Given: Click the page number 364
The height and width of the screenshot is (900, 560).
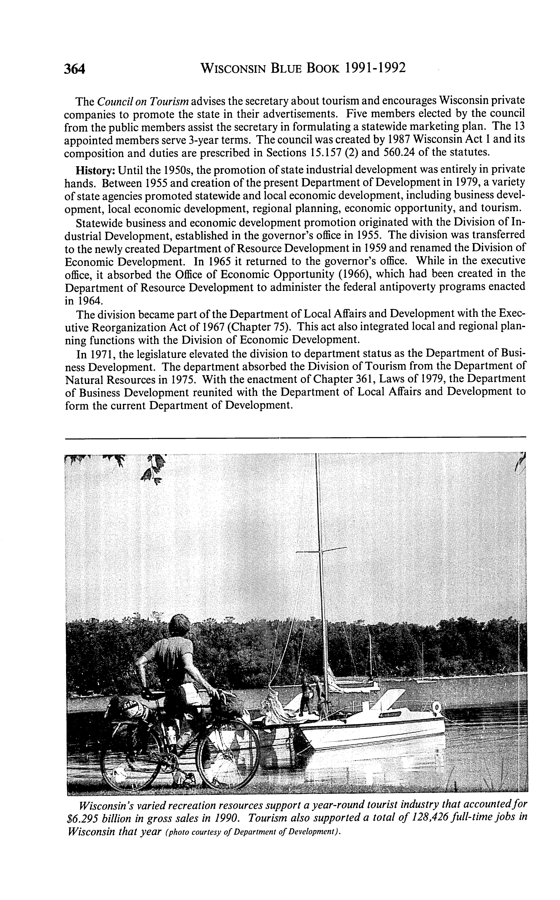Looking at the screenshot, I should click(x=75, y=69).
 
